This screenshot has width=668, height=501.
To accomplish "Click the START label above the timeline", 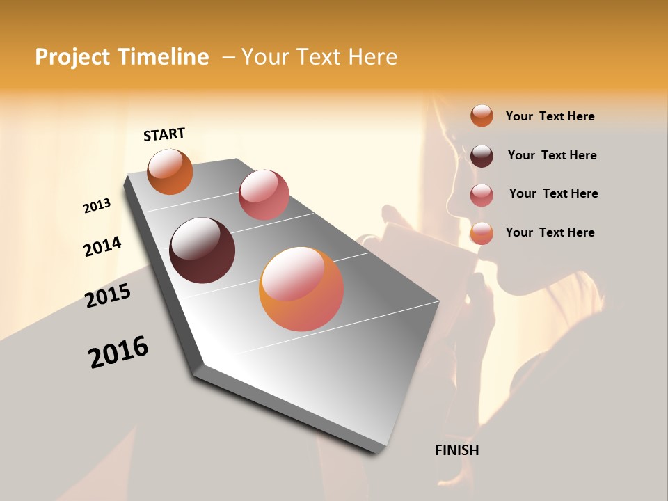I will point(164,134).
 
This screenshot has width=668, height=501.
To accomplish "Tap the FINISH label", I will point(456,450).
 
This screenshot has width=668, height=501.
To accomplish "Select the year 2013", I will point(97,206).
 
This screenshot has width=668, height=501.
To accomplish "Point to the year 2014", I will point(102,247).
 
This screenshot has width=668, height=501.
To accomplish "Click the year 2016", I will point(118,352).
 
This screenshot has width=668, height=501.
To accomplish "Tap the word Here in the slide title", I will point(372,57).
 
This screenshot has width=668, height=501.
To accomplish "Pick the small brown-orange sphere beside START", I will point(170,171).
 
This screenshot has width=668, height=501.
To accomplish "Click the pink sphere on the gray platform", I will point(264,195).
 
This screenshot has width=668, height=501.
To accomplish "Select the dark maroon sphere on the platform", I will point(202,250).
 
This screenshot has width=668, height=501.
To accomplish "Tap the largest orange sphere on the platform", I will point(301,289).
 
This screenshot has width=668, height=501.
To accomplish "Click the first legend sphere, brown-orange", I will point(482,116).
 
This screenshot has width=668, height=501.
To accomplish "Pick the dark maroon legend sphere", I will point(482,155).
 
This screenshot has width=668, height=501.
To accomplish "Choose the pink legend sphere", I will point(482,194).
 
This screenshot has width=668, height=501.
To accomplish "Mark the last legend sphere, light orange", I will point(482,233).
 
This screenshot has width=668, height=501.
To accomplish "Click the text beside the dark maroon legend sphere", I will point(552,155).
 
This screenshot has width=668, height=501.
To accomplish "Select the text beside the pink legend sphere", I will point(553,193).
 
